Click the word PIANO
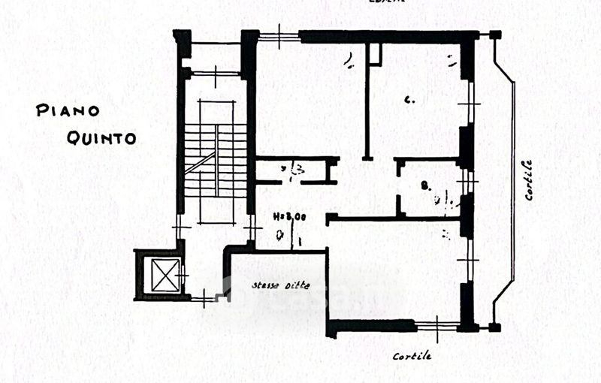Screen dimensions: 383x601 click(68, 111)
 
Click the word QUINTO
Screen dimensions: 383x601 click(101, 137)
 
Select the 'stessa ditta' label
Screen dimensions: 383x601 click(280, 285)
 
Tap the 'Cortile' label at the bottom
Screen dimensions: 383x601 click(412, 356)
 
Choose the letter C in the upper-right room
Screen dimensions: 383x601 click(409, 98)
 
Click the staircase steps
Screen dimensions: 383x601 click(216, 161)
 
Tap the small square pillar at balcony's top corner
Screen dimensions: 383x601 click(494, 35)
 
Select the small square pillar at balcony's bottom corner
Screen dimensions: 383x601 click(494, 327)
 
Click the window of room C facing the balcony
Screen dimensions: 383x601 click(471, 102)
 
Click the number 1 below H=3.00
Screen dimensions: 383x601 click(298, 241)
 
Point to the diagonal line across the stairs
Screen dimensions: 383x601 click(199, 161)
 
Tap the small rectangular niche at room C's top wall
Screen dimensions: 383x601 click(374, 53)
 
